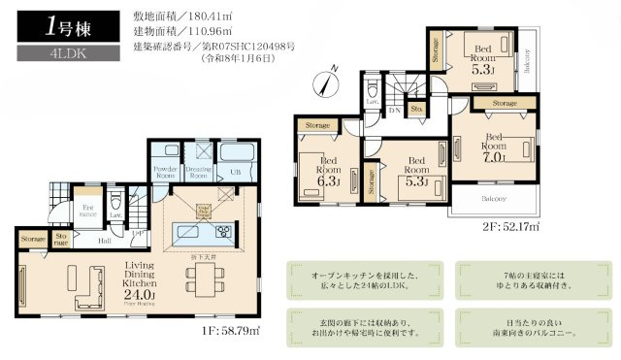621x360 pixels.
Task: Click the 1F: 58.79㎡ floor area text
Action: (x=231, y=331)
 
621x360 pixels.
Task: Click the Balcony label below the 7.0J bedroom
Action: (x=494, y=198)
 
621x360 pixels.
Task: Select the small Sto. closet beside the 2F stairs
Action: (x=416, y=110)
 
